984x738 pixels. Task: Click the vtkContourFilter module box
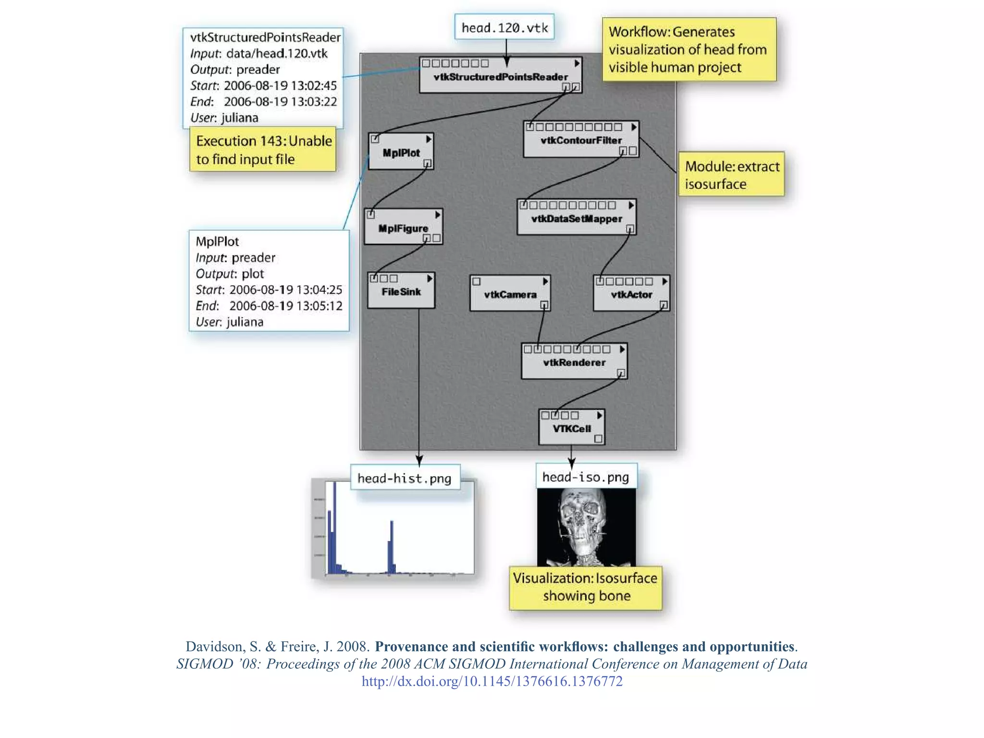(580, 140)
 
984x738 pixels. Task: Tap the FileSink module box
(401, 291)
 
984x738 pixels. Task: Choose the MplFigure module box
(403, 228)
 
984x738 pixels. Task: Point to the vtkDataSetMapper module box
(576, 218)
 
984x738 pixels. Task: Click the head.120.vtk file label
(504, 27)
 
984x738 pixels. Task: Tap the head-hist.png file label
(405, 478)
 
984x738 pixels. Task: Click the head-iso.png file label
(586, 477)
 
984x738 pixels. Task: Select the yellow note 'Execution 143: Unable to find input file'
(263, 149)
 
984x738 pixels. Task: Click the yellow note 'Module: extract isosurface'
(731, 174)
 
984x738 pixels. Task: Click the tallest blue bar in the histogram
(334, 529)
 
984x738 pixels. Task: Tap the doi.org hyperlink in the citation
(492, 681)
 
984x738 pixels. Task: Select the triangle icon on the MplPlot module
(429, 139)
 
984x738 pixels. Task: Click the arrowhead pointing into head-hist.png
(419, 460)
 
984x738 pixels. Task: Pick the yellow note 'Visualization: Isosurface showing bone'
(585, 587)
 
